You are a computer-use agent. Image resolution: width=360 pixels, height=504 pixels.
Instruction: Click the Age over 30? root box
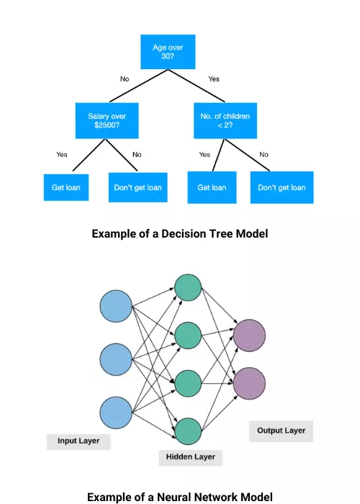pyautogui.click(x=169, y=53)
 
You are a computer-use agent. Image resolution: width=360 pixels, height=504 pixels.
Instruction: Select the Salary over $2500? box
pyautogui.click(x=107, y=120)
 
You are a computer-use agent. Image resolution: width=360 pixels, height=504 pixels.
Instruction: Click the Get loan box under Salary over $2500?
pyautogui.click(x=66, y=187)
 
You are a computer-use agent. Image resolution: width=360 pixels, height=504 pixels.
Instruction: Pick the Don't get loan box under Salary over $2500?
pyautogui.click(x=138, y=187)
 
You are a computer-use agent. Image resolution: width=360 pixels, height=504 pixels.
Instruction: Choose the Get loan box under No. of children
pyautogui.click(x=212, y=187)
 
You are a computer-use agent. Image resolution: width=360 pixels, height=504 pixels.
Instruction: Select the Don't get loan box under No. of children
pyautogui.click(x=282, y=187)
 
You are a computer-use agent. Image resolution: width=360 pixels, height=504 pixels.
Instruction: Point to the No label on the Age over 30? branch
pyautogui.click(x=125, y=78)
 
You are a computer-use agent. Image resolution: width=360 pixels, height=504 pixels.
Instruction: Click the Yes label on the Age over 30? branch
pyautogui.click(x=214, y=78)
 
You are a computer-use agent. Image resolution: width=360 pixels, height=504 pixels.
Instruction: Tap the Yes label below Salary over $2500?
pyautogui.click(x=62, y=154)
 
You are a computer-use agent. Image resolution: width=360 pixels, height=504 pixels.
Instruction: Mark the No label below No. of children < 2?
pyautogui.click(x=264, y=154)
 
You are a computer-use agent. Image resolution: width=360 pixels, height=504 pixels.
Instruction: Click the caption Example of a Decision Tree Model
pyautogui.click(x=180, y=233)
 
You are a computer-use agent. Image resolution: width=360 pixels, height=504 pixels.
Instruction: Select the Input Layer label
pyautogui.click(x=78, y=441)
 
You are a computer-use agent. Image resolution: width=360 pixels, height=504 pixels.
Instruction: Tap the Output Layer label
pyautogui.click(x=281, y=431)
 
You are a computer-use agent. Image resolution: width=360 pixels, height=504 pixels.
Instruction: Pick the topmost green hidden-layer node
pyautogui.click(x=188, y=287)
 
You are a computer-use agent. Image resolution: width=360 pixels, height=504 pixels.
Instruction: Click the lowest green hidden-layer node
pyautogui.click(x=188, y=431)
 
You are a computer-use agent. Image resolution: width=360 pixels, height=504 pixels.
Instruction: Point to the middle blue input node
pyautogui.click(x=116, y=359)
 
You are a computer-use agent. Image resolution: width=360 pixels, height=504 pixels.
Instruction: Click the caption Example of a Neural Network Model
pyautogui.click(x=180, y=496)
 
